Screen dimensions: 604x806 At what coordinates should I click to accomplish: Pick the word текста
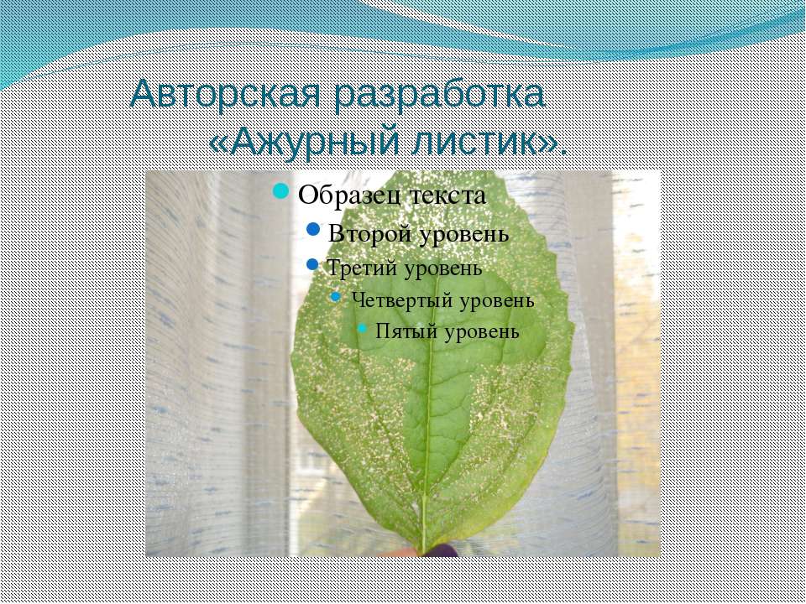(447, 195)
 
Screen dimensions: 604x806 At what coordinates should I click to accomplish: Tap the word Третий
(355, 268)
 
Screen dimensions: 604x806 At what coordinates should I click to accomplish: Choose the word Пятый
(398, 331)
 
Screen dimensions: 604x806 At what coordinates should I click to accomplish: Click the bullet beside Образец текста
(282, 193)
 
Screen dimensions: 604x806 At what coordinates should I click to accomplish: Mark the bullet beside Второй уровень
(313, 230)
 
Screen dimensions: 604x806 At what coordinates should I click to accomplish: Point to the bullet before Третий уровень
(313, 267)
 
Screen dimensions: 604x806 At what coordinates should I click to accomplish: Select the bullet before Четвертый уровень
(336, 298)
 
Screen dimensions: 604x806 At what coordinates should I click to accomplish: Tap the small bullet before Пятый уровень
(362, 329)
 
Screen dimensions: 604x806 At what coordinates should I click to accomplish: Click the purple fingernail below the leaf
(440, 549)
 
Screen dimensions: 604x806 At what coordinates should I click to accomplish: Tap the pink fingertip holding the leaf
(408, 551)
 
